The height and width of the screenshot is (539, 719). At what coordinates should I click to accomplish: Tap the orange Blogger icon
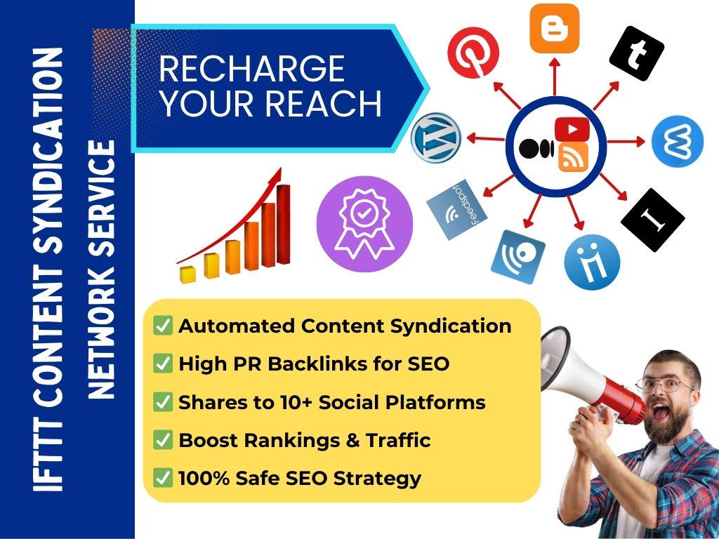pyautogui.click(x=554, y=29)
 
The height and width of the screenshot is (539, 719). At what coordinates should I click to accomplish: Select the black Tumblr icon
pyautogui.click(x=636, y=53)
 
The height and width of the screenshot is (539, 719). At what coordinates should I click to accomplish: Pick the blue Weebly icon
pyautogui.click(x=677, y=140)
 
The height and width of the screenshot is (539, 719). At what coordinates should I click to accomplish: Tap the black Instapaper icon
pyautogui.click(x=652, y=220)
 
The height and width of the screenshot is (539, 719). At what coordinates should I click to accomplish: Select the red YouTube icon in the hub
pyautogui.click(x=572, y=129)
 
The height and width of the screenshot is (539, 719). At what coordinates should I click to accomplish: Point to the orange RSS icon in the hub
pyautogui.click(x=572, y=157)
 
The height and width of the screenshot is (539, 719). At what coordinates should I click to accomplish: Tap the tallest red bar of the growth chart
pyautogui.click(x=284, y=224)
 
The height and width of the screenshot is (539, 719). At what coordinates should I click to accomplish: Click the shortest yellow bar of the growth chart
pyautogui.click(x=187, y=274)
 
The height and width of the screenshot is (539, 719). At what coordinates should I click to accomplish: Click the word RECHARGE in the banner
pyautogui.click(x=251, y=69)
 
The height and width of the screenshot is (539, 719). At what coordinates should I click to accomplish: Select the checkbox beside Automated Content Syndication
pyautogui.click(x=163, y=326)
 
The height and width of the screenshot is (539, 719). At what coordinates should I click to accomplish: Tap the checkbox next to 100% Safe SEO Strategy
pyautogui.click(x=163, y=478)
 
